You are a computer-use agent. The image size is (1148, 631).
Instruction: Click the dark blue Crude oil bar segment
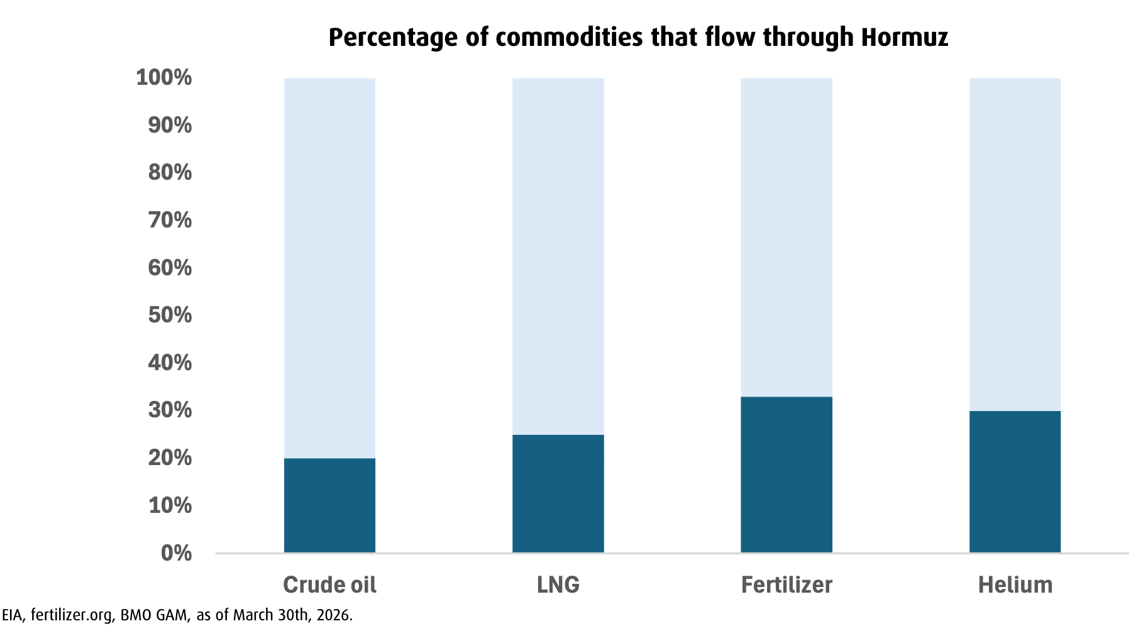(x=329, y=505)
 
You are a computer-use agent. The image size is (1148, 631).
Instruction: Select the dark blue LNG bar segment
(x=558, y=493)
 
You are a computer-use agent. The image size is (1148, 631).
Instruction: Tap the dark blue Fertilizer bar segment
(x=786, y=475)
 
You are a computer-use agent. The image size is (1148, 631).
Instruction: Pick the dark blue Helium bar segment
(x=1015, y=481)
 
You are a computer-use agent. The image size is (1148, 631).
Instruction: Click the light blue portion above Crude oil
(x=329, y=268)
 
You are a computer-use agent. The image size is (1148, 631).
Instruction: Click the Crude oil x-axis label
(x=329, y=585)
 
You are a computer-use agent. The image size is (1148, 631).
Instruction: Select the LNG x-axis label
(x=558, y=585)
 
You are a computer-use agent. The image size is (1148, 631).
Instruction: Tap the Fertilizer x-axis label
(x=786, y=585)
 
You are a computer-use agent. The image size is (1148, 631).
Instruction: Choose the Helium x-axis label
(x=1015, y=585)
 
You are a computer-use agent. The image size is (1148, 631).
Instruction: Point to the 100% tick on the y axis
(x=164, y=78)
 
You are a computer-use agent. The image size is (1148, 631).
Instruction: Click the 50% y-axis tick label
(x=170, y=315)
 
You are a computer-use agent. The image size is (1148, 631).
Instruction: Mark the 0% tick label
(x=176, y=553)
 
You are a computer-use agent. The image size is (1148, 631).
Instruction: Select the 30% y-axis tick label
(x=170, y=410)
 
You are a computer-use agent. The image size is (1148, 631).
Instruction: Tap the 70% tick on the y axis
(x=170, y=220)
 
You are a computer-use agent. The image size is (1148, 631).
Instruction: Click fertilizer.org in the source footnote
(x=71, y=615)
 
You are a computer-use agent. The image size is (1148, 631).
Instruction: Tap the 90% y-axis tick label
(x=170, y=125)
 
